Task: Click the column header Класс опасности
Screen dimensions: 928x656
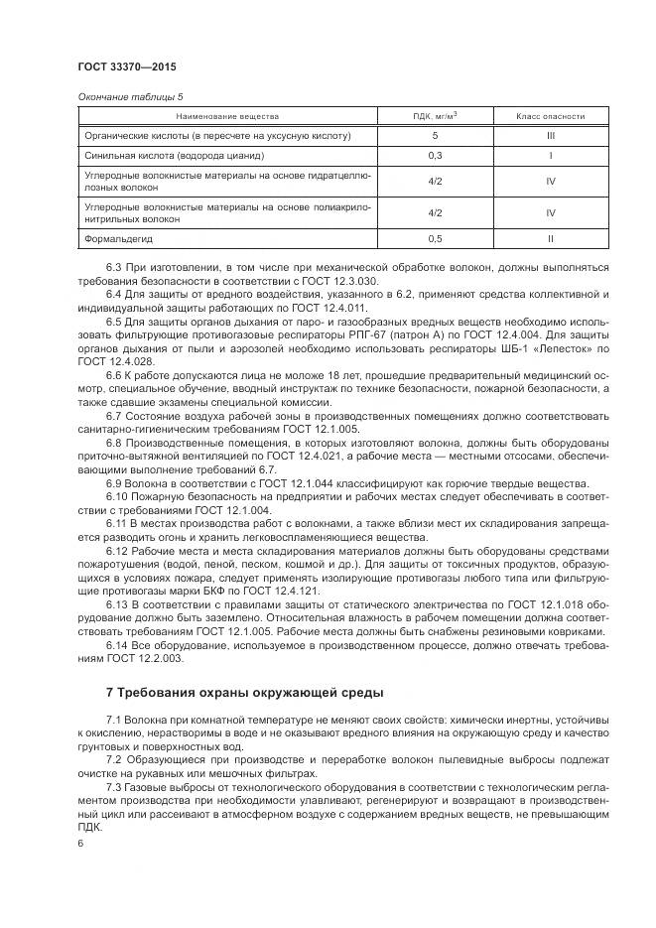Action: point(550,116)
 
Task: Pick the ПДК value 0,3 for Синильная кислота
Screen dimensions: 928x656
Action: point(435,156)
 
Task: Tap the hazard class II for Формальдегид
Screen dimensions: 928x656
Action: point(550,239)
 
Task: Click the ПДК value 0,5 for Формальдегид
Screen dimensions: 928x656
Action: point(435,239)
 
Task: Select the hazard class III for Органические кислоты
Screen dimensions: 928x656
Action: point(550,135)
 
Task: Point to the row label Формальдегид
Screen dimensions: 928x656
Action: point(118,239)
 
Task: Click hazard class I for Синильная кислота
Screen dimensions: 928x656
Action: point(550,156)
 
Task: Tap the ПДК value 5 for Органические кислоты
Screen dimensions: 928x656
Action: point(435,135)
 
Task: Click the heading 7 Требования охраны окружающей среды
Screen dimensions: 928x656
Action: point(243,692)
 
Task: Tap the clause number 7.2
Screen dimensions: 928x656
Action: point(115,758)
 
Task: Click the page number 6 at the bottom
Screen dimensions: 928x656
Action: point(79,843)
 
